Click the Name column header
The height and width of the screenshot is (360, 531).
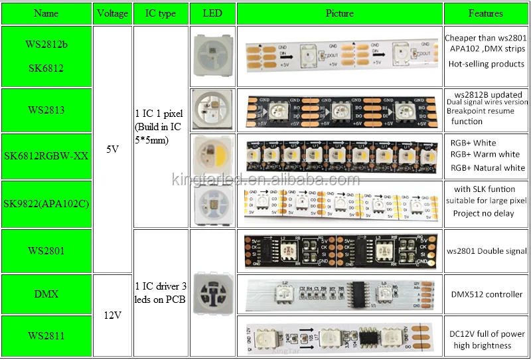pos(46,13)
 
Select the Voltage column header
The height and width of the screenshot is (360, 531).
pos(112,13)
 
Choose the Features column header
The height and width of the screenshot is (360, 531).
pos(486,13)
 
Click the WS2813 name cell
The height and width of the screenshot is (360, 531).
pos(46,110)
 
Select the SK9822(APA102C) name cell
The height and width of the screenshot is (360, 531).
pos(46,204)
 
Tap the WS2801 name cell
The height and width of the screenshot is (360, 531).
pos(46,251)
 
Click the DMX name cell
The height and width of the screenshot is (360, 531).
pos(46,294)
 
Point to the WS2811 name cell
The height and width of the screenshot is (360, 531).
pos(46,336)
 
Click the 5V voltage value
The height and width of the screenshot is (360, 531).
pos(112,149)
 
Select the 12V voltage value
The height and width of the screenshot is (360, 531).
pos(112,315)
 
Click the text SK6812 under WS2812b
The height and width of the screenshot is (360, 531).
pos(46,68)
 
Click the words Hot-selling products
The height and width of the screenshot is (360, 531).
pos(486,64)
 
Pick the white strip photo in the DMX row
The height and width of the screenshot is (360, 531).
pos(340,294)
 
